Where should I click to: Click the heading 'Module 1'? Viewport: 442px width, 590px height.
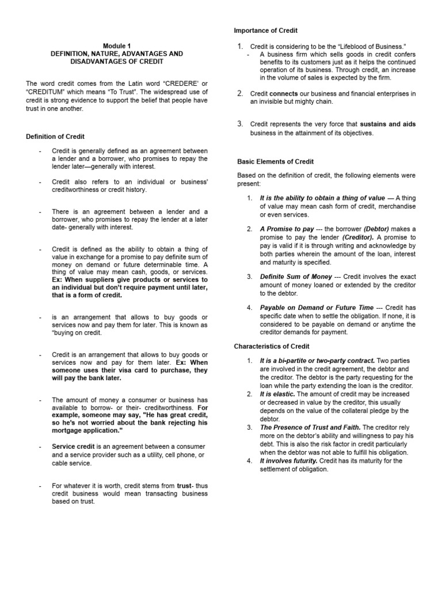point(117,46)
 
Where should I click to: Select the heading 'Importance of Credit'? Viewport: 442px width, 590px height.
point(265,30)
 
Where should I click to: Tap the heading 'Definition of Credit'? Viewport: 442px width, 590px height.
point(55,137)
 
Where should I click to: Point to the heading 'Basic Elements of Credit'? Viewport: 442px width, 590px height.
point(276,162)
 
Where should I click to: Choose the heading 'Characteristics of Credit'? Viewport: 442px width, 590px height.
point(272,346)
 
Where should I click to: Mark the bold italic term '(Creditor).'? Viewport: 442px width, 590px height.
point(359,237)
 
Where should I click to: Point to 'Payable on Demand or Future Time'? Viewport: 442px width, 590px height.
point(317,308)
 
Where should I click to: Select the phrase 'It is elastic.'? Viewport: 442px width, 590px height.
point(277,394)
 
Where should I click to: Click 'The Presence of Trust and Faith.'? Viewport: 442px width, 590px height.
point(310,428)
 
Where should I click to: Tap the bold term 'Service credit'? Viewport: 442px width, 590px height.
point(72,447)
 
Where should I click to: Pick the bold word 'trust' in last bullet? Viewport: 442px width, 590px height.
point(184,486)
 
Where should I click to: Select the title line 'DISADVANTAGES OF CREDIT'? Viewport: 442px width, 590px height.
point(117,60)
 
